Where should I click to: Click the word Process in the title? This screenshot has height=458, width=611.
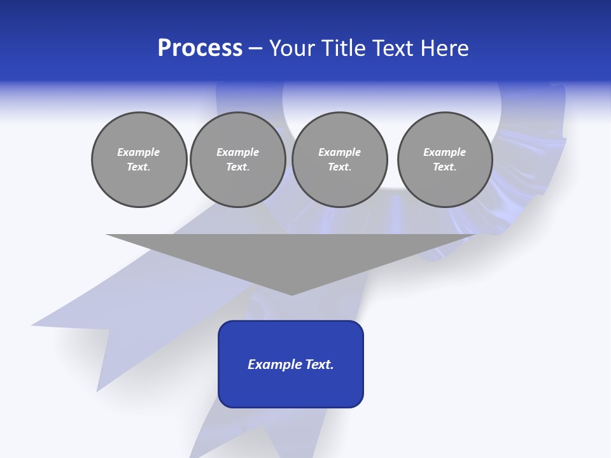[200, 48]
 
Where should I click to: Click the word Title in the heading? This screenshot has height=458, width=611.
[341, 48]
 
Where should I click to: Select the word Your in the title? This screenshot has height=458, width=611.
[293, 48]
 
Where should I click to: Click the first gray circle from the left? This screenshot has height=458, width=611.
[139, 160]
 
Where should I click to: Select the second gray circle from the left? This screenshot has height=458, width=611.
[237, 160]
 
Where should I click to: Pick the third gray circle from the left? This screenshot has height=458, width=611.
[339, 160]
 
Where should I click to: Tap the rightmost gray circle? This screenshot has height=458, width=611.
[444, 160]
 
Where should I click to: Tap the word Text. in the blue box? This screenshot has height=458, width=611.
[320, 364]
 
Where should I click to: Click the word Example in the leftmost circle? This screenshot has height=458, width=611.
[139, 153]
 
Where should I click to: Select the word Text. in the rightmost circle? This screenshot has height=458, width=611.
[444, 167]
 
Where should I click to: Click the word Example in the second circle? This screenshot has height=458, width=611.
[237, 153]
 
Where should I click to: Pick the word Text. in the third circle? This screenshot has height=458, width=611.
[339, 167]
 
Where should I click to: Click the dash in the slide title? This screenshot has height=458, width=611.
[256, 48]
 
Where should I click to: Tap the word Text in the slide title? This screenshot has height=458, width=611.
[394, 48]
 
